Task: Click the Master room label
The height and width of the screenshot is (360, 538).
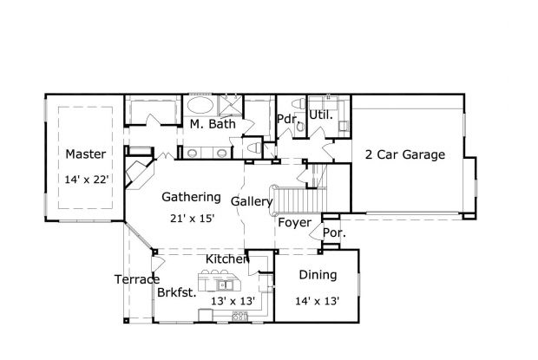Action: click(86, 154)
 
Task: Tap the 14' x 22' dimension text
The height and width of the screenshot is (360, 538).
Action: click(86, 180)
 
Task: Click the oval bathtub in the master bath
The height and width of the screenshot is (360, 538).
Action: click(201, 107)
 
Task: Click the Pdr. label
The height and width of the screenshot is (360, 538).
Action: click(287, 119)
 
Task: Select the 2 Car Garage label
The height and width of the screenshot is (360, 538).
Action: click(404, 155)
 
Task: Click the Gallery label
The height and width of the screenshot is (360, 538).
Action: click(252, 202)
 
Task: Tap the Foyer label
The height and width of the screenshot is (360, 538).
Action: click(294, 223)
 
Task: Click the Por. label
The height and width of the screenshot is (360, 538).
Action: click(334, 233)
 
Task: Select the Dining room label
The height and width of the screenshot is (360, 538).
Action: click(318, 275)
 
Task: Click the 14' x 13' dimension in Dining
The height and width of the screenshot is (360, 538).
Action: click(318, 300)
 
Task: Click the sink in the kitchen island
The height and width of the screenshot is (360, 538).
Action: click(222, 284)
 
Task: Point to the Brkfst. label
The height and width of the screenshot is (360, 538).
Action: click(176, 292)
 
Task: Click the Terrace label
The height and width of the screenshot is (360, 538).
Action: click(136, 279)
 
